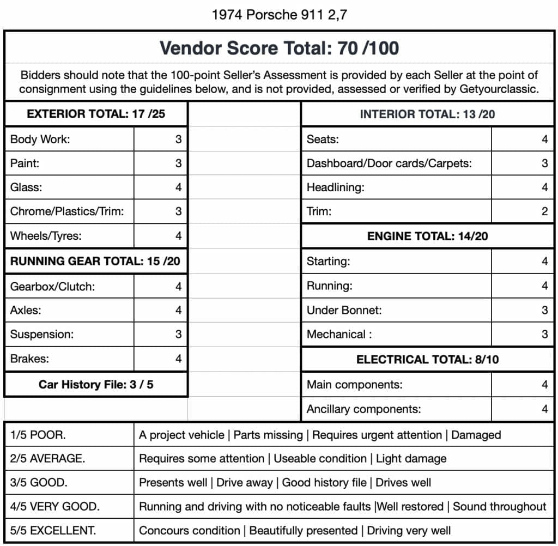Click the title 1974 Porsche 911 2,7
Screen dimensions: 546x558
click(279, 15)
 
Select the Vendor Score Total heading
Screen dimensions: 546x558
click(279, 48)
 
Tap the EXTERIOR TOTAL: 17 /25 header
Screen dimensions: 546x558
click(96, 114)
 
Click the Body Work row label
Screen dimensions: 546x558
click(40, 139)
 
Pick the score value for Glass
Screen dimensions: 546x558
click(178, 187)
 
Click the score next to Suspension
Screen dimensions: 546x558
click(178, 334)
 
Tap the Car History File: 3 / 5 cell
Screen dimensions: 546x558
click(96, 384)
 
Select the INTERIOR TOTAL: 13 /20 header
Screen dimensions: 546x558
click(427, 114)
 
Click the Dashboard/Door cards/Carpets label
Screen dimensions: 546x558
click(389, 163)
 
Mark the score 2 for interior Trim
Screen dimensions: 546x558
click(544, 211)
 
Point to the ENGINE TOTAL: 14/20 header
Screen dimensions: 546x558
click(427, 236)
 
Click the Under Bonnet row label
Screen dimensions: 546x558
click(344, 310)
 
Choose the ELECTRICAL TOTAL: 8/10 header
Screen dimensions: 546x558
click(427, 359)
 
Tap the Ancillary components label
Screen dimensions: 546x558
click(363, 409)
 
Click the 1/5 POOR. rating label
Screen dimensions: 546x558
click(38, 435)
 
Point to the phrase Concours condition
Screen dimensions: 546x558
click(189, 530)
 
